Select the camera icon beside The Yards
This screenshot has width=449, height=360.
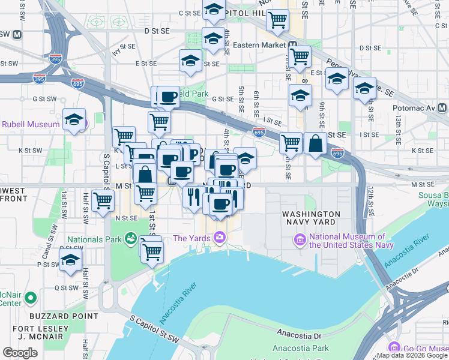tap(220, 238)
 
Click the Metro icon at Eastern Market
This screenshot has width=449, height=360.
tap(292, 44)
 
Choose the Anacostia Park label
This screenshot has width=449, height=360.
tap(300, 348)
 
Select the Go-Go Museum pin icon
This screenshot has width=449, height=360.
tap(394, 347)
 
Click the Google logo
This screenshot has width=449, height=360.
tap(20, 353)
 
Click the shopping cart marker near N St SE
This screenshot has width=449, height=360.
tap(104, 200)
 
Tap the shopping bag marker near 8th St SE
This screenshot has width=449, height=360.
tap(315, 143)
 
